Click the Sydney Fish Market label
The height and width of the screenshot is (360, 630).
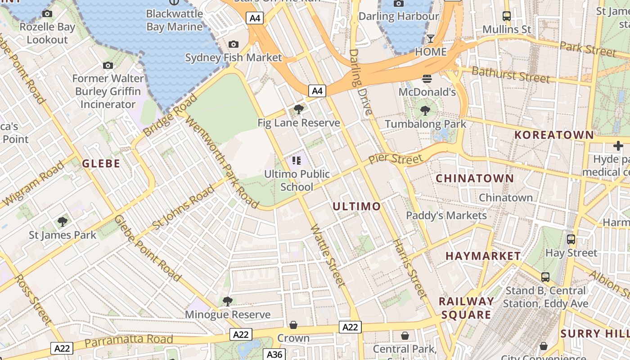click(234, 58)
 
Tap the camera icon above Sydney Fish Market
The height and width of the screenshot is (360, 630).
click(233, 44)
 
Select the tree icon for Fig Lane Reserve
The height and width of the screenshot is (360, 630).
click(298, 109)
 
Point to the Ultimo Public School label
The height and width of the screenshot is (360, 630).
click(297, 180)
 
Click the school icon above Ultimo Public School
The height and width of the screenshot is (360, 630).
click(296, 161)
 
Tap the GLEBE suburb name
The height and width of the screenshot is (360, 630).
click(101, 163)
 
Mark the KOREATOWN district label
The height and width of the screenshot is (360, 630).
click(554, 135)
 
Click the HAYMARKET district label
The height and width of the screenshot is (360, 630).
click(483, 256)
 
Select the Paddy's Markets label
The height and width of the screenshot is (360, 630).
click(446, 216)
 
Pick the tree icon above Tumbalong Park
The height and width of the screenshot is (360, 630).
click(425, 110)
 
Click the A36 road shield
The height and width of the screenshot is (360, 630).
click(274, 354)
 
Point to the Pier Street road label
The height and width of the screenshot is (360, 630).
click(396, 159)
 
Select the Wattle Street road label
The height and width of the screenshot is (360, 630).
click(328, 255)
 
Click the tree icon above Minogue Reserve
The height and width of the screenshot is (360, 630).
click(228, 301)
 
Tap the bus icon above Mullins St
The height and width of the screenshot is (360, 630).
click(507, 16)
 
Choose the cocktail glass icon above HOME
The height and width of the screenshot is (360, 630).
click(431, 39)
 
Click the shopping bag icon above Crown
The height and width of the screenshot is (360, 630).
click(293, 325)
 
